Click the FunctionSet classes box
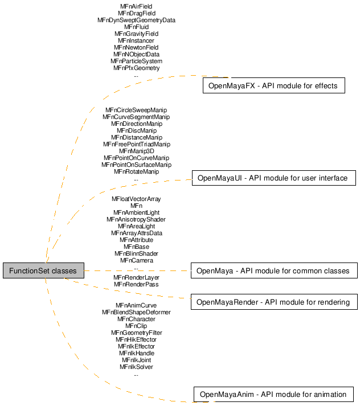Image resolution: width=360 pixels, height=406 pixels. (x=43, y=270)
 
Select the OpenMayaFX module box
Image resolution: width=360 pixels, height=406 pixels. (x=274, y=85)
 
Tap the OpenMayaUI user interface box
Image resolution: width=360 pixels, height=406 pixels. (x=274, y=178)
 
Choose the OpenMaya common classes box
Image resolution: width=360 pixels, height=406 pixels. (x=274, y=270)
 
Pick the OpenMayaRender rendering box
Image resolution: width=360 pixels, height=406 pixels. (x=274, y=302)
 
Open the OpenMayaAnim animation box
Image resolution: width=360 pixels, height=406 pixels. (x=273, y=395)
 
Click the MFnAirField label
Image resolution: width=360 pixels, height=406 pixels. (x=136, y=6)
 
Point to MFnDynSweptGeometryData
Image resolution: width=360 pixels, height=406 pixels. (x=136, y=20)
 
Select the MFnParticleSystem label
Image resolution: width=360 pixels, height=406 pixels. (x=136, y=61)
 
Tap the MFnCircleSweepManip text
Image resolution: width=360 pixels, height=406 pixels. (x=136, y=110)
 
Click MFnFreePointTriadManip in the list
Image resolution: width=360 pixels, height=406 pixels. (x=137, y=144)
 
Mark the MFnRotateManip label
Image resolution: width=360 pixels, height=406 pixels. (x=137, y=171)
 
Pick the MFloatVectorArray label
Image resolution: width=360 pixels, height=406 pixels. (x=136, y=199)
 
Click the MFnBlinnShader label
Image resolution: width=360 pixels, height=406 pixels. (x=136, y=253)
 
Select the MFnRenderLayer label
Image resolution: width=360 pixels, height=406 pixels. (x=136, y=277)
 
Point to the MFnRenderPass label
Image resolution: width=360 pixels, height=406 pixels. (x=136, y=284)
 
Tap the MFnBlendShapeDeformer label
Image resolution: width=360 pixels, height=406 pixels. (x=136, y=312)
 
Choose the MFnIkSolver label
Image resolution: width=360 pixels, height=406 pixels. (x=136, y=367)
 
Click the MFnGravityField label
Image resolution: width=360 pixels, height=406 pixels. (x=136, y=34)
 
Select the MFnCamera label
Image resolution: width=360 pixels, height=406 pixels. (x=137, y=260)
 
